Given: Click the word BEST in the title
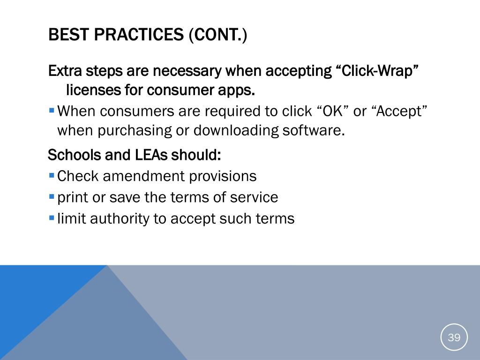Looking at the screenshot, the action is coord(68,34).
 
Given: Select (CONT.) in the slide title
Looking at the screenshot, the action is coord(218,35).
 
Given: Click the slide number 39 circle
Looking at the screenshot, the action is coord(454,337).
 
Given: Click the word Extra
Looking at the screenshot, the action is coord(65,71).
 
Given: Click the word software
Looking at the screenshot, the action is coord(314,130).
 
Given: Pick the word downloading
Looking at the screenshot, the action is coord(236,131).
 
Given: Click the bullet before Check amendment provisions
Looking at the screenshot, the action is coord(52,176).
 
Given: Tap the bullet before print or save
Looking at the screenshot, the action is coord(52,196).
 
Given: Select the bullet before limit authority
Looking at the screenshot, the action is coord(52,218).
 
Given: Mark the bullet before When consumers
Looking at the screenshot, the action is coord(52,110).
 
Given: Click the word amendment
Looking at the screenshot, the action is coord(144,176).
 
